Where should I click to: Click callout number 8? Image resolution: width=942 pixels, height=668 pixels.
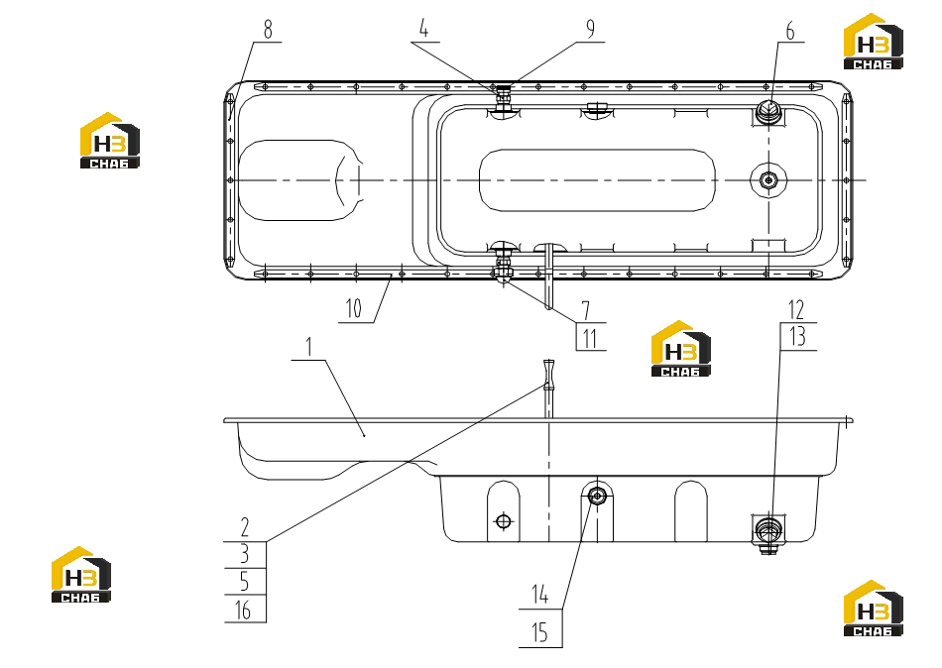(268, 29)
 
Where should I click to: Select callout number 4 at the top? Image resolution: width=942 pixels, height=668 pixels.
(424, 28)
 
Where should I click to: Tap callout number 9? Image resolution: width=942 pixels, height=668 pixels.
(590, 28)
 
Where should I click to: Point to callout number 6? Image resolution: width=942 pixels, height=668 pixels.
(790, 31)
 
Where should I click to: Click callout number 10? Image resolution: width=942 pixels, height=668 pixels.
(354, 309)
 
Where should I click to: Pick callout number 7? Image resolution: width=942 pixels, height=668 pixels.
(586, 310)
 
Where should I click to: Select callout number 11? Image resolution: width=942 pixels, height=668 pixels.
(590, 338)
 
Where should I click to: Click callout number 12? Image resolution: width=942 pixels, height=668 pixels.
(796, 310)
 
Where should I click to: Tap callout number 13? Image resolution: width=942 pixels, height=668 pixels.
(797, 337)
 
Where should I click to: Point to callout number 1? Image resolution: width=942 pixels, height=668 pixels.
(309, 347)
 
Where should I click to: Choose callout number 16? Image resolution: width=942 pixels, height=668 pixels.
(243, 610)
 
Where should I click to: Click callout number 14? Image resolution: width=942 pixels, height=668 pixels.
(540, 595)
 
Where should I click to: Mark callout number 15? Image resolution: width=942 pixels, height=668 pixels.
(540, 632)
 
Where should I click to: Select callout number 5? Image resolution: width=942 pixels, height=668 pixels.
(244, 582)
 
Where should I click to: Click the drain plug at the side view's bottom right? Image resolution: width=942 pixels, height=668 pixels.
(767, 532)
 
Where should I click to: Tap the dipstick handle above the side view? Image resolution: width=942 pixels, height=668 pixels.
(548, 375)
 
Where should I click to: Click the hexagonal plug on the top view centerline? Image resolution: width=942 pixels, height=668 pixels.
(767, 179)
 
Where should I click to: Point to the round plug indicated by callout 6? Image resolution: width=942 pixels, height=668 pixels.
(767, 111)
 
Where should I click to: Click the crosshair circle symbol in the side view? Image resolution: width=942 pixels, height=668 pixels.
(504, 521)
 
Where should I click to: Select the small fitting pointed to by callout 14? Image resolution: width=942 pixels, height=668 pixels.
(597, 496)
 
